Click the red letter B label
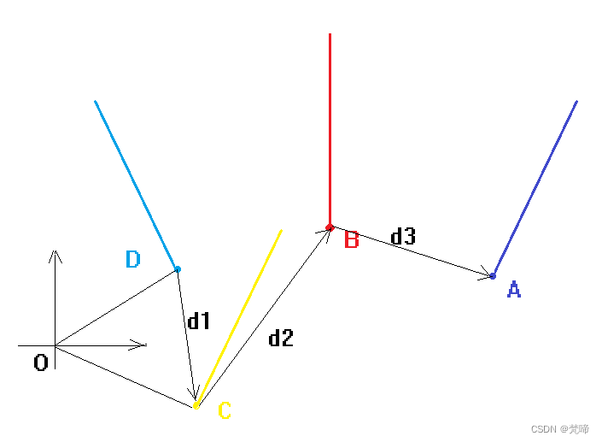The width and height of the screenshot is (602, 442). pyautogui.click(x=351, y=240)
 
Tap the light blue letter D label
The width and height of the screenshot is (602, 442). pyautogui.click(x=132, y=259)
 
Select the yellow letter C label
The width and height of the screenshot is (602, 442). pyautogui.click(x=225, y=411)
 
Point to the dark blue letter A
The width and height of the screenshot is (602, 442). pyautogui.click(x=513, y=290)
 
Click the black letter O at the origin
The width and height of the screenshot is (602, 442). pyautogui.click(x=40, y=363)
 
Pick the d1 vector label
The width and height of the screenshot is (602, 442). pyautogui.click(x=199, y=321)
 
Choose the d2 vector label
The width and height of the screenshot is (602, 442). pyautogui.click(x=281, y=339)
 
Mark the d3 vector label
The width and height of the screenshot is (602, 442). pyautogui.click(x=403, y=237)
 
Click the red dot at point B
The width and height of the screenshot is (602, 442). pyautogui.click(x=330, y=227)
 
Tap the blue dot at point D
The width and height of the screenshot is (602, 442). pyautogui.click(x=178, y=269)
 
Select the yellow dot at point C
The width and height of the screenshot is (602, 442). pyautogui.click(x=196, y=405)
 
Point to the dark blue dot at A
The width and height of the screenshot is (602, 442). pyautogui.click(x=493, y=275)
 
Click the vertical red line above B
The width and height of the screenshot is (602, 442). pyautogui.click(x=330, y=128)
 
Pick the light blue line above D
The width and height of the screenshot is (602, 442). pyautogui.click(x=137, y=185)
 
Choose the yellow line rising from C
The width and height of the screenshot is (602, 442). pyautogui.click(x=239, y=317)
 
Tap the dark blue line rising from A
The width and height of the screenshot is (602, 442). pyautogui.click(x=535, y=187)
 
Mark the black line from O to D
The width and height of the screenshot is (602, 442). pyautogui.click(x=116, y=308)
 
